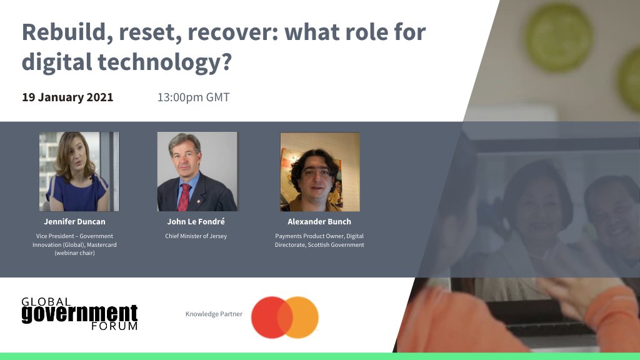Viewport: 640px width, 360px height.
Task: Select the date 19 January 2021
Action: click(67, 97)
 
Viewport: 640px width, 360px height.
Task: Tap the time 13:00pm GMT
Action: click(193, 97)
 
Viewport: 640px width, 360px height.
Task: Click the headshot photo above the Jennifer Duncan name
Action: click(78, 171)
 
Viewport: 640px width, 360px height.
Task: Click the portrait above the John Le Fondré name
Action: click(197, 171)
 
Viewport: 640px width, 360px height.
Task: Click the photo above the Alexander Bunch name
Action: click(319, 171)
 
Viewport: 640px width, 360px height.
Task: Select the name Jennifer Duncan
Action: click(74, 222)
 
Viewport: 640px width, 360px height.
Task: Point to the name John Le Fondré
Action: click(196, 222)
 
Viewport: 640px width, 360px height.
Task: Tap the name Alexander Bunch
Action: click(319, 222)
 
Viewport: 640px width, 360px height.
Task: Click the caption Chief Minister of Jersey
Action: click(196, 236)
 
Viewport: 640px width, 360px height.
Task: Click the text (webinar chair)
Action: click(74, 253)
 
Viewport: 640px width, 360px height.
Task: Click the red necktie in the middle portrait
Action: click(184, 197)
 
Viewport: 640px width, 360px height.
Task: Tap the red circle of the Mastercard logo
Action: click(269, 317)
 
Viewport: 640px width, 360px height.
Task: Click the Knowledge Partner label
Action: click(214, 314)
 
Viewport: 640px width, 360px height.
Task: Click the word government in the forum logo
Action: click(79, 313)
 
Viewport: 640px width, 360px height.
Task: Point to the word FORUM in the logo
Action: click(114, 326)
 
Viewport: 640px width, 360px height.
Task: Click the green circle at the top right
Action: click(558, 29)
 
